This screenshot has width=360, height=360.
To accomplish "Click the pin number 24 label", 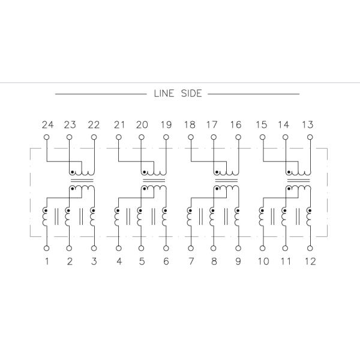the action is [48, 125].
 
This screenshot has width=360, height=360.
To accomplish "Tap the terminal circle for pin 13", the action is [310, 137].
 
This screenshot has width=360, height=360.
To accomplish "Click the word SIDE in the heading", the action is [191, 94].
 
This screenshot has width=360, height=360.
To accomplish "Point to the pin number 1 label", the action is [47, 261].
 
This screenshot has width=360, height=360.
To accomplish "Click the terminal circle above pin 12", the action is [310, 248].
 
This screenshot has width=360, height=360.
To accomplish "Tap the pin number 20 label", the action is [142, 125].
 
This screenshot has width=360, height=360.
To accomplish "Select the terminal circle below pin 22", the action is [94, 137].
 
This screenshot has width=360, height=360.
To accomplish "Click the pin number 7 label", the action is [191, 261].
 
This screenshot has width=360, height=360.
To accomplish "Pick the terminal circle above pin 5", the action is [142, 248].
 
